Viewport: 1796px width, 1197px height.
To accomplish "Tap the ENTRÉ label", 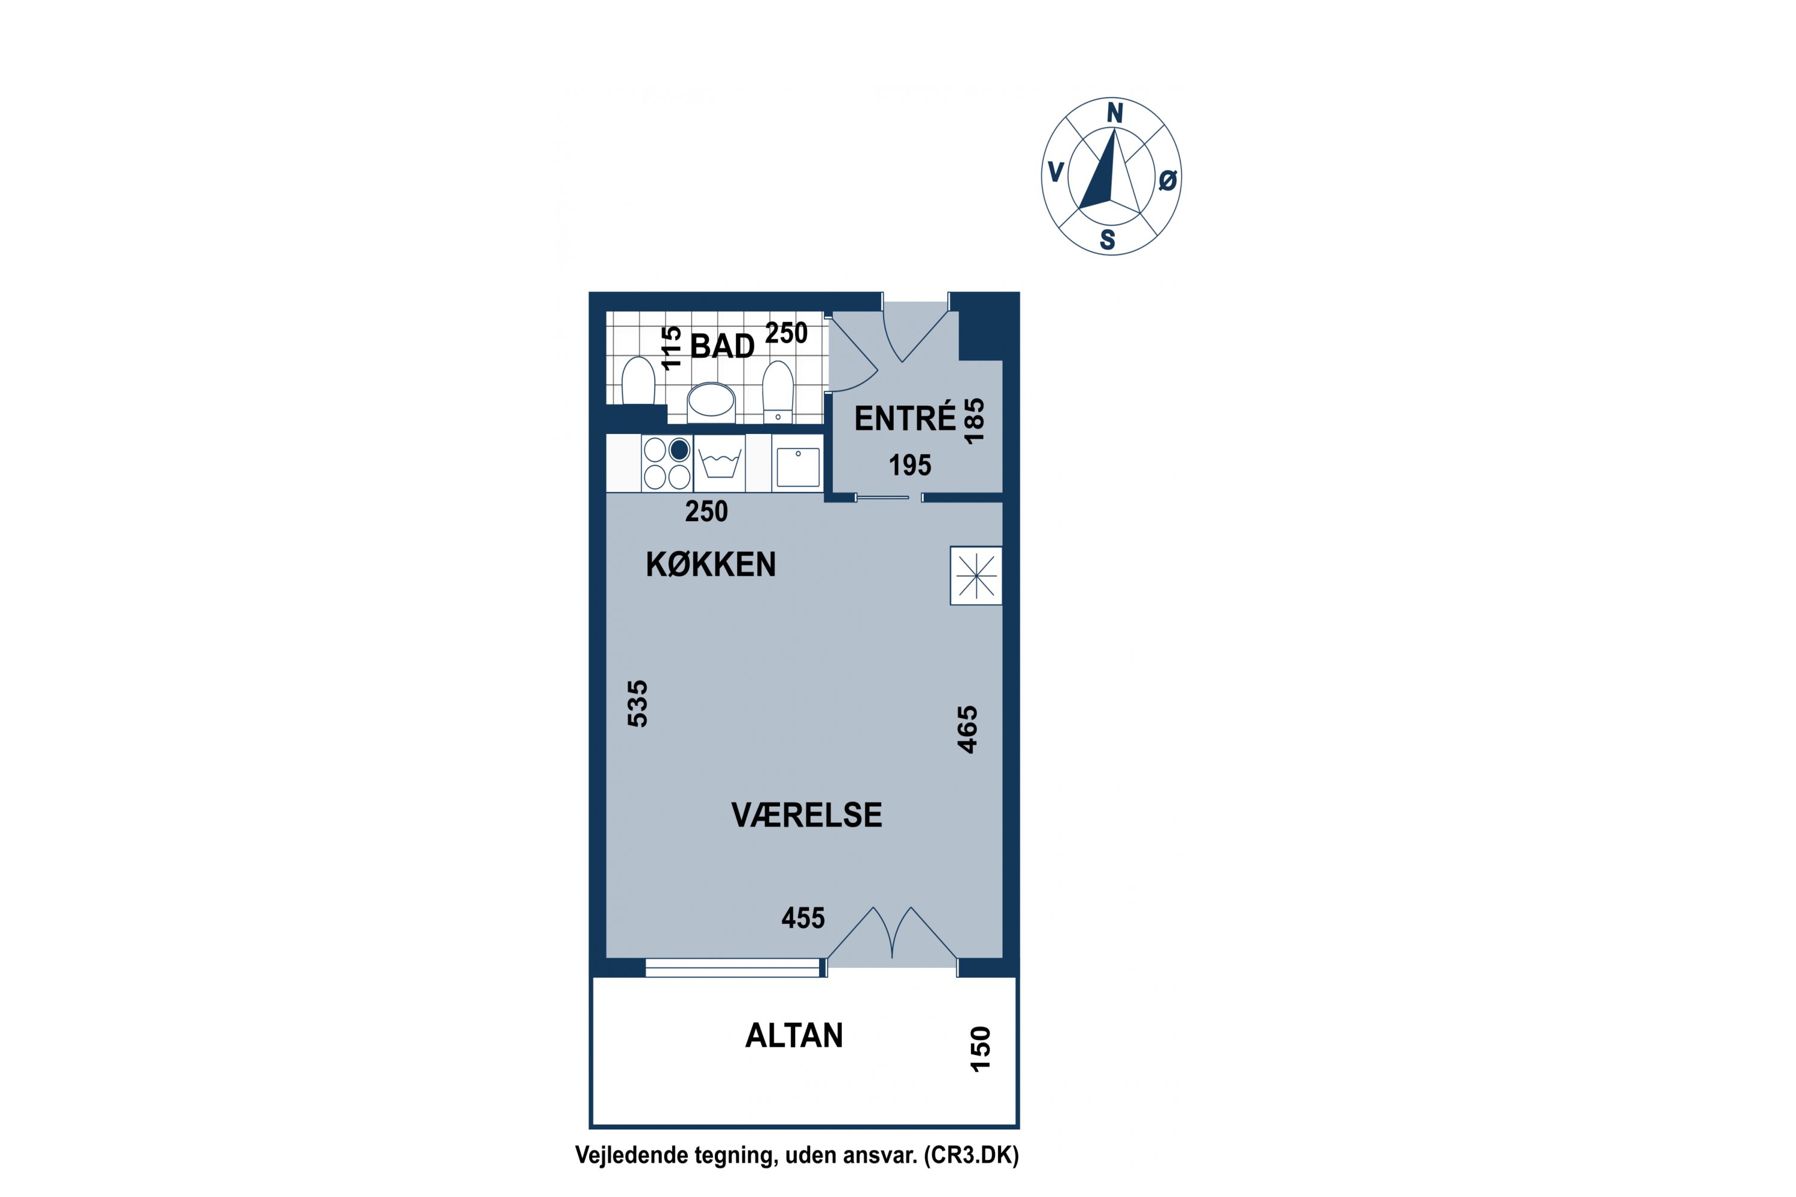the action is [x=905, y=418].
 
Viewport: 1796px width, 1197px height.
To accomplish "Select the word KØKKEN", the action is [x=711, y=564].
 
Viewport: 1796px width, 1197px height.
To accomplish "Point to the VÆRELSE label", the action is [x=807, y=815].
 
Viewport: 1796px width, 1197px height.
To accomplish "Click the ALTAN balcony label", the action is [x=794, y=1036].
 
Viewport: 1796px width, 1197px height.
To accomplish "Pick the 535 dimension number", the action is [x=638, y=703].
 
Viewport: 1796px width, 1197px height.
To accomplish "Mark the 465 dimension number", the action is [x=967, y=730].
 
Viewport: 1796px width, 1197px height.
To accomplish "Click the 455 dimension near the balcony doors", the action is [x=803, y=918].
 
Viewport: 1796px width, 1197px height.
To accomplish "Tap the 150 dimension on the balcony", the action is [x=981, y=1049].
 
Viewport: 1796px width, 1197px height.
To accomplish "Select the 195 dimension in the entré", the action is [x=910, y=465].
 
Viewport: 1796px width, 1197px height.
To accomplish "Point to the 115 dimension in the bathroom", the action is [x=671, y=348].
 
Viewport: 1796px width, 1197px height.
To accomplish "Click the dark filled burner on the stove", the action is [x=679, y=449].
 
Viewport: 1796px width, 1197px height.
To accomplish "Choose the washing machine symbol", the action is [x=720, y=463].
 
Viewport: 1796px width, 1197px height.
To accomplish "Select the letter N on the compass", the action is [x=1115, y=113].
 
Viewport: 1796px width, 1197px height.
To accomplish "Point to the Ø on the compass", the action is [x=1167, y=180].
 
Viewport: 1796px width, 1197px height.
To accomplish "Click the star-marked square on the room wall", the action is [x=976, y=576].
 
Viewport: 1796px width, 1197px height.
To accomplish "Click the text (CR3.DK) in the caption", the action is [x=971, y=1155].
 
